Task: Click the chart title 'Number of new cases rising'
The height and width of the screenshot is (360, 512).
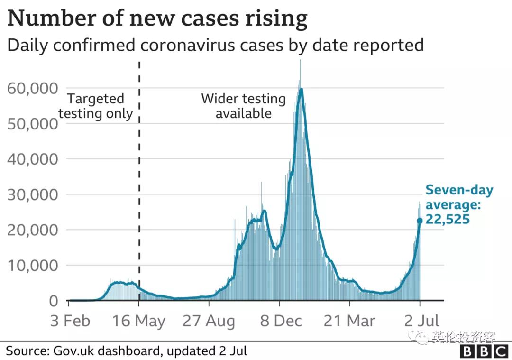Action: pos(157,19)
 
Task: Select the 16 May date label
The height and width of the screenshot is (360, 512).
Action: pos(139,321)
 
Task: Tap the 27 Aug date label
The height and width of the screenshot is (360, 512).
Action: pos(209,321)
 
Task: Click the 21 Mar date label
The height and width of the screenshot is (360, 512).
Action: pos(349,321)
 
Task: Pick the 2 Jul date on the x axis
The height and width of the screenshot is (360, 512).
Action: pos(420,321)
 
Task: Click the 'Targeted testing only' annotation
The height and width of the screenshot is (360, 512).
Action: pos(96,106)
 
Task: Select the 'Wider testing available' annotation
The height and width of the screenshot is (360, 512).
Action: pos(243,106)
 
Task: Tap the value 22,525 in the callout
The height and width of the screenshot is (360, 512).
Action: pos(448,220)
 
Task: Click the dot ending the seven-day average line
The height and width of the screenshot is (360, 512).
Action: pos(420,221)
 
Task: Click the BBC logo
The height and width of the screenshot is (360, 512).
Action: pos(484,351)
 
